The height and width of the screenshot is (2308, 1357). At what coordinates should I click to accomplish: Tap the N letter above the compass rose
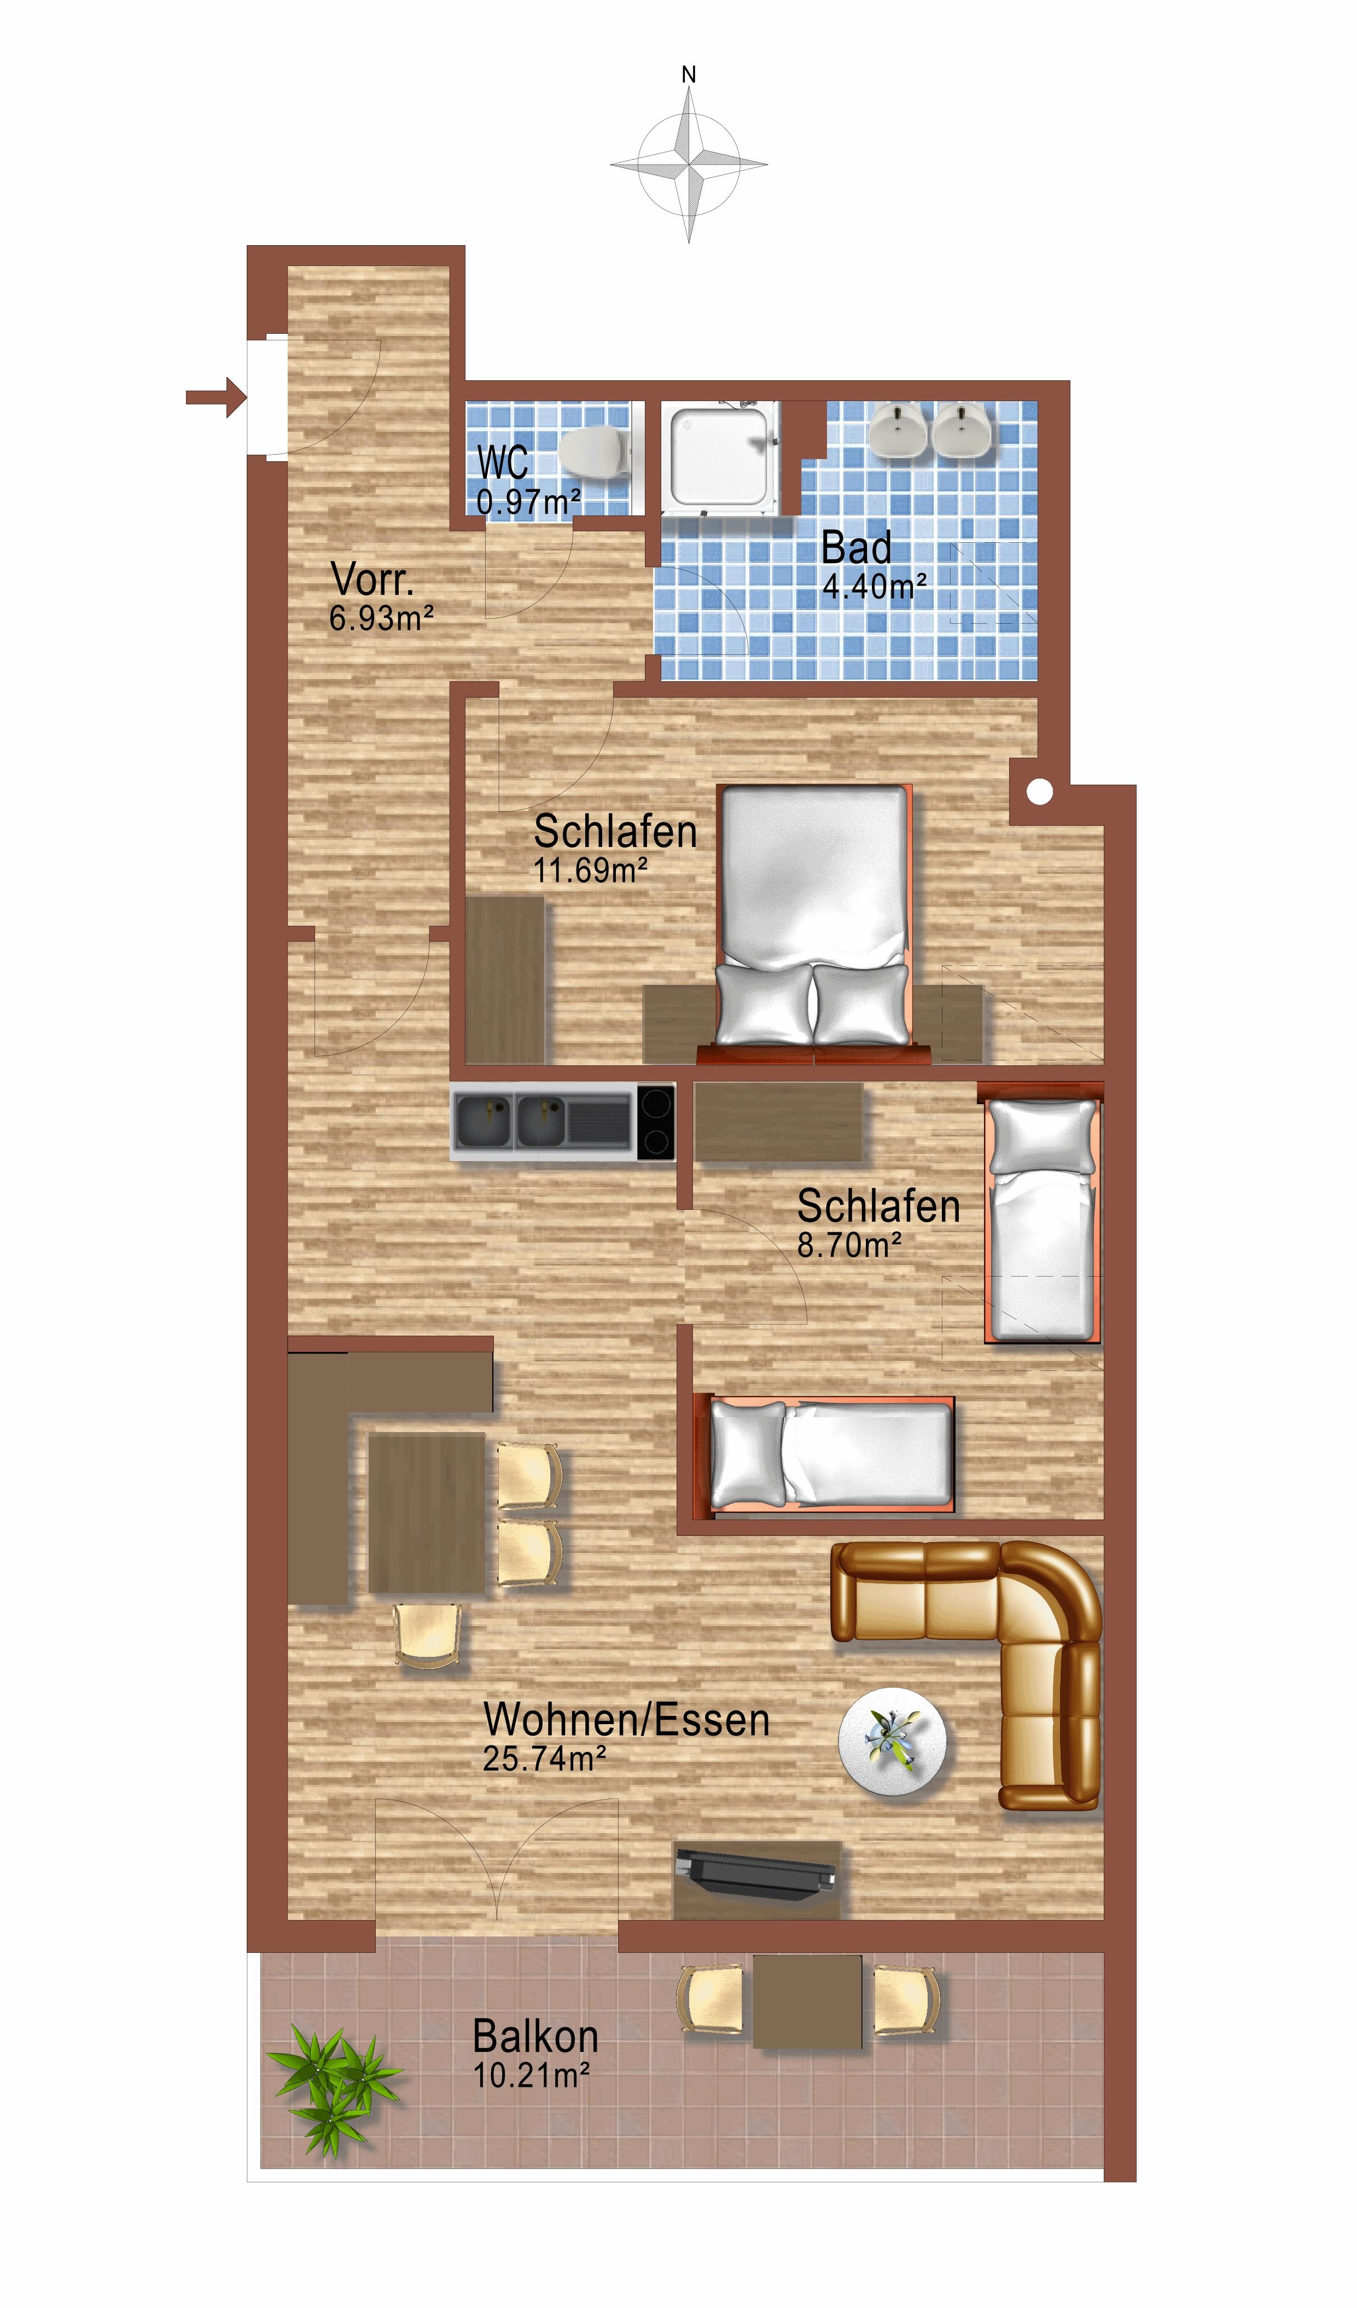point(690,75)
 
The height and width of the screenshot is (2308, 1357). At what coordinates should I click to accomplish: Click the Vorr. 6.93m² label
point(381,596)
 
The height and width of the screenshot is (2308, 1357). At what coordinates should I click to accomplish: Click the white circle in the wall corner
point(1039,792)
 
